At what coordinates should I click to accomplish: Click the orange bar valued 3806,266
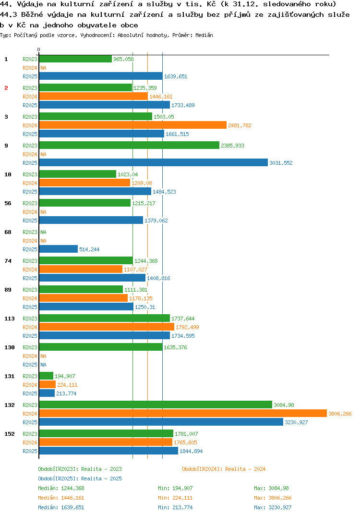click(x=183, y=413)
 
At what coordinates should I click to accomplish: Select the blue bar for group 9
click(x=154, y=162)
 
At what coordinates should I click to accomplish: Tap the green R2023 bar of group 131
click(x=46, y=376)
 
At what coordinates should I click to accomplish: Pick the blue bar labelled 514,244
click(x=59, y=249)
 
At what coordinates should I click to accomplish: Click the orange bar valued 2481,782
click(x=133, y=125)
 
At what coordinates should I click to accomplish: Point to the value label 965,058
click(x=123, y=59)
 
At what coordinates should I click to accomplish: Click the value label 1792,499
click(x=187, y=327)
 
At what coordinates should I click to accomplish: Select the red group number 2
click(x=6, y=88)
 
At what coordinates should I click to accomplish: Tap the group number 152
click(x=10, y=434)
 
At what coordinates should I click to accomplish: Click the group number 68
click(x=8, y=232)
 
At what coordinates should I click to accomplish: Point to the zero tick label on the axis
click(x=39, y=49)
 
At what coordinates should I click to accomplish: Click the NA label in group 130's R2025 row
click(x=43, y=365)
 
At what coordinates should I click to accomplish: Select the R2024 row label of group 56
click(x=30, y=212)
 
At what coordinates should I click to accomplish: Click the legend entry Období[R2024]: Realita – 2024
click(x=224, y=469)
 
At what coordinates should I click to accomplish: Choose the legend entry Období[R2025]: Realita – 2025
click(x=80, y=479)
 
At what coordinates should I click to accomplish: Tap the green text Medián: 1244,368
click(x=61, y=488)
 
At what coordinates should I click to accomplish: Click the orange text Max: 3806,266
click(x=273, y=498)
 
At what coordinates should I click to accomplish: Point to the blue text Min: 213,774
click(x=175, y=507)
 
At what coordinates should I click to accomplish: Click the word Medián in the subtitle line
click(x=204, y=35)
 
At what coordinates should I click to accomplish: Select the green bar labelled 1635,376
click(x=101, y=347)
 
